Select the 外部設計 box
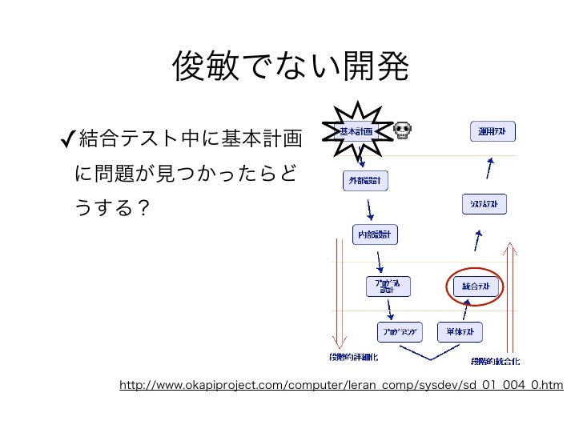click(364, 182)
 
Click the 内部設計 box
click(376, 235)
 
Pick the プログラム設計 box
click(388, 286)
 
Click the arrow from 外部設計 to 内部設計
click(369, 208)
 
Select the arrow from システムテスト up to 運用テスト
click(490, 168)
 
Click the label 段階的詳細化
click(353, 358)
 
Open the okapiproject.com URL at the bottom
click(341, 387)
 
